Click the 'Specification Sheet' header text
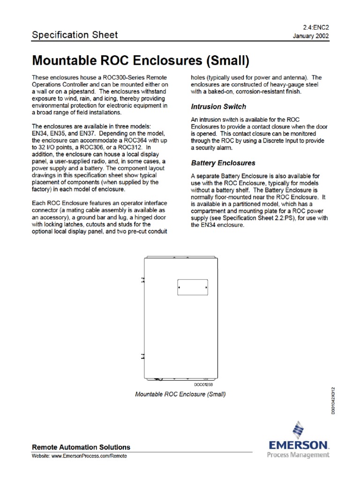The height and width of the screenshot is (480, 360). tap(75, 35)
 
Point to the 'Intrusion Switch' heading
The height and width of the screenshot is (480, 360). tap(219, 107)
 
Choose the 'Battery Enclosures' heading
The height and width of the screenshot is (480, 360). tap(223, 163)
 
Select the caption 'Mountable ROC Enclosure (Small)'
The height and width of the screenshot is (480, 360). tap(180, 395)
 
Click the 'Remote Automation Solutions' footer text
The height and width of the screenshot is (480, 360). tap(81, 447)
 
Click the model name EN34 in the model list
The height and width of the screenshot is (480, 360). tap(39, 134)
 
